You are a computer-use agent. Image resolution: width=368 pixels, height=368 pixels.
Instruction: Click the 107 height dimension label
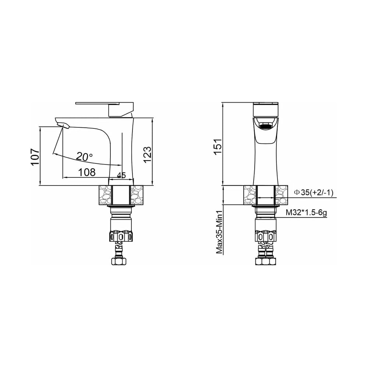tap(35, 156)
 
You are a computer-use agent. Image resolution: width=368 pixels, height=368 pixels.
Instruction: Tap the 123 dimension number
tap(147, 155)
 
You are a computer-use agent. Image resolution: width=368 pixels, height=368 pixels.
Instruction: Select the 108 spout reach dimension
tap(87, 173)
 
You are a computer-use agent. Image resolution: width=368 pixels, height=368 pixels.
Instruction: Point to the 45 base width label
tap(121, 175)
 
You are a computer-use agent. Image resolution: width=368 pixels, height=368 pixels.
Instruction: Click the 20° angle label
tap(85, 156)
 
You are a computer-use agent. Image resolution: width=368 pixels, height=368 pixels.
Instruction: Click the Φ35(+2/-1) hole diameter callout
tap(314, 193)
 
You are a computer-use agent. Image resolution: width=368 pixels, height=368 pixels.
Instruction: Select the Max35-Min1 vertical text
tap(219, 232)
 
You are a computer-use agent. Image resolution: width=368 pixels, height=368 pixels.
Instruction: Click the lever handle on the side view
tap(105, 109)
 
